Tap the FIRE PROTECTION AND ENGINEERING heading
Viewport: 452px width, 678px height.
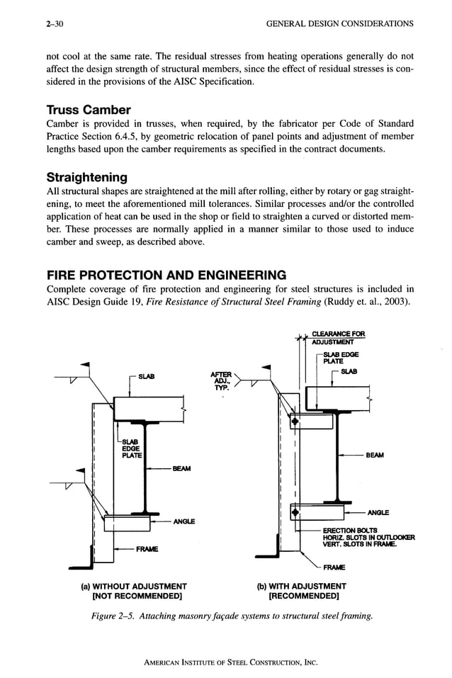pyautogui.click(x=166, y=274)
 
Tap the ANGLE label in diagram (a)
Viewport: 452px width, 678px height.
pyautogui.click(x=185, y=523)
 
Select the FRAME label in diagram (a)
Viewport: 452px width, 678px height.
pyautogui.click(x=148, y=549)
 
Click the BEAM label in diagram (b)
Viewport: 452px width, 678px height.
pyautogui.click(x=375, y=456)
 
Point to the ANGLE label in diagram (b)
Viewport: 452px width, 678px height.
pyautogui.click(x=378, y=512)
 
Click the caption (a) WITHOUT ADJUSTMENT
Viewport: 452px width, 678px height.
pyautogui.click(x=134, y=586)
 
